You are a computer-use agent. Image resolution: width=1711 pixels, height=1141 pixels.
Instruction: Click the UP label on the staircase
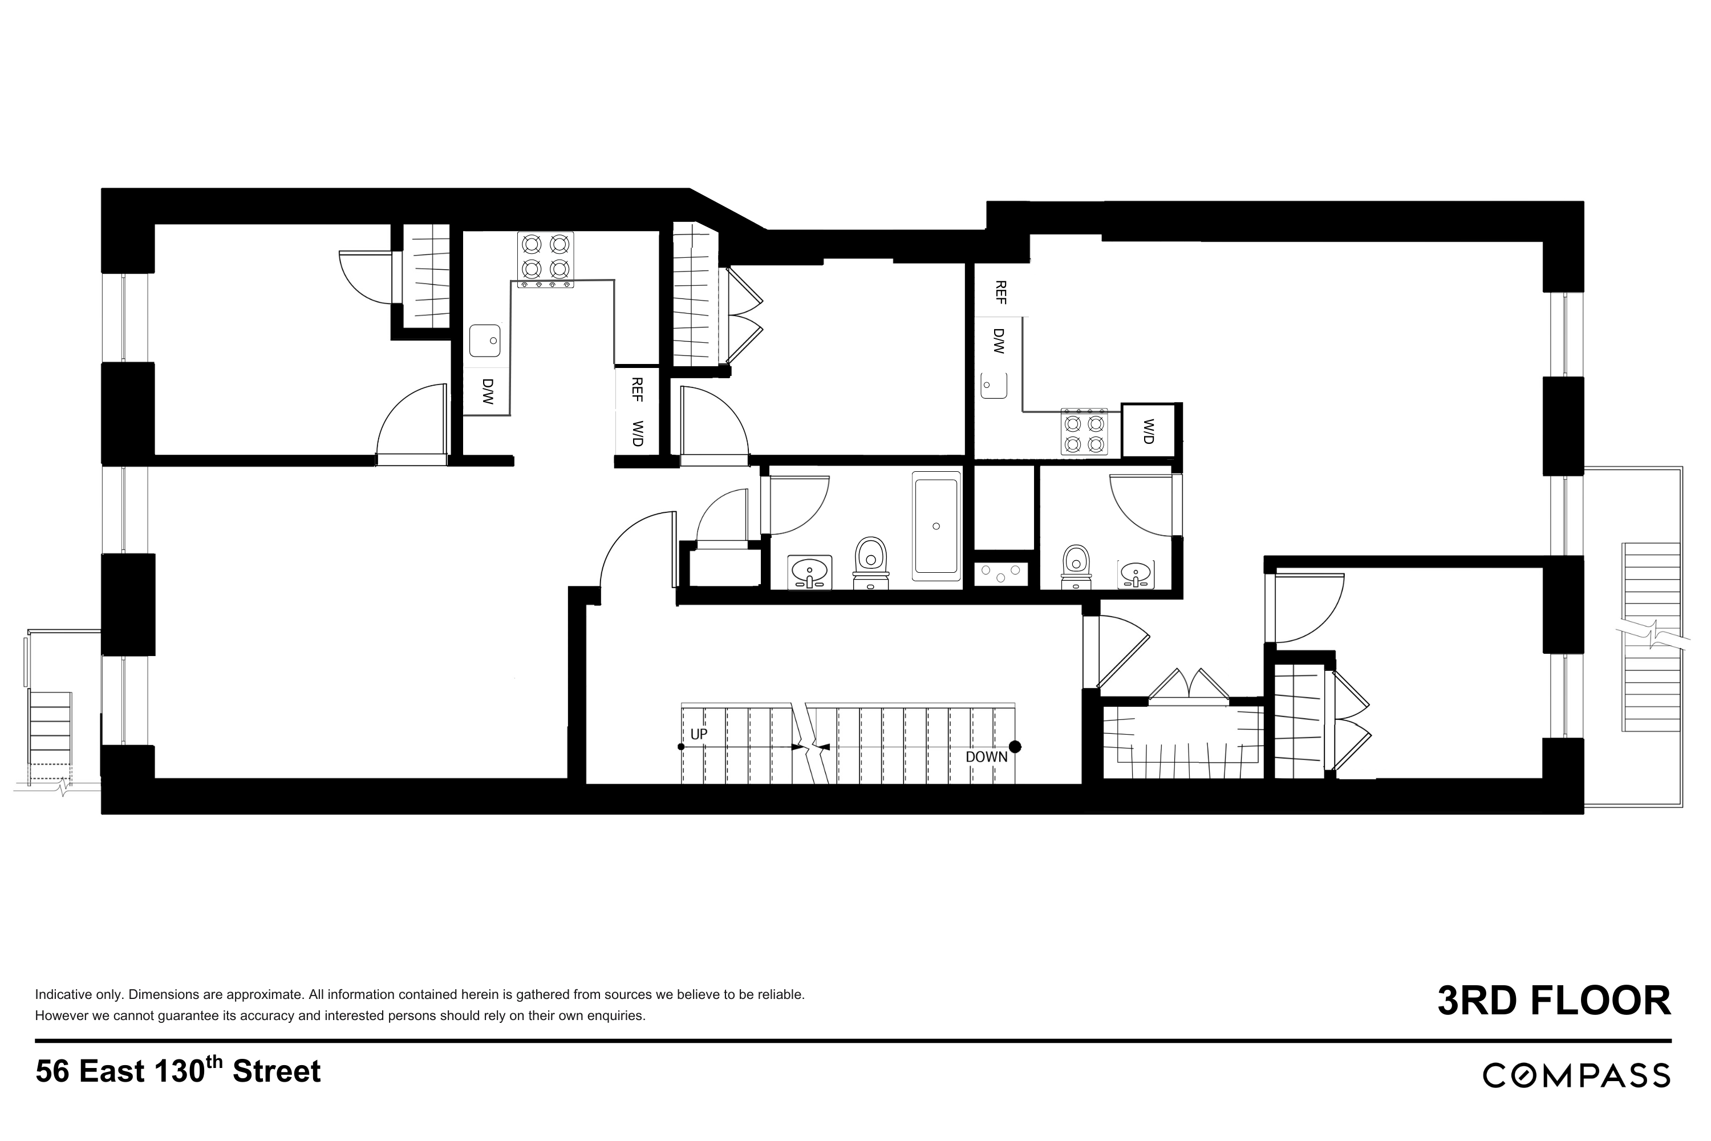tap(698, 734)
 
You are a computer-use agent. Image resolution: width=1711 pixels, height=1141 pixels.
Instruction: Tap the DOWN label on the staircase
tap(987, 757)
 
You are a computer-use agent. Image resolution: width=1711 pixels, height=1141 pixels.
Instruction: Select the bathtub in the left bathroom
tap(936, 526)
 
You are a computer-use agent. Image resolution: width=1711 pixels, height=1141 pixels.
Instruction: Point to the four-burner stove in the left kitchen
tap(546, 258)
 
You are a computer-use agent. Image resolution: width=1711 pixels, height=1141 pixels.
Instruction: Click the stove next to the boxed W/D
tap(1084, 432)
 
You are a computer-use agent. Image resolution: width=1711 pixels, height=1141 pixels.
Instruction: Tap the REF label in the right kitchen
tap(1000, 293)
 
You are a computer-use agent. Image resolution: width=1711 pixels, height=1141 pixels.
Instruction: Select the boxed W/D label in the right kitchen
tap(1149, 431)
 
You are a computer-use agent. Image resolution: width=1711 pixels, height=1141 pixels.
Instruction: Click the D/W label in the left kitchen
tap(488, 391)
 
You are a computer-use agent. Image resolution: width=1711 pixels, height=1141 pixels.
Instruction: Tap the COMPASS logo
tap(1576, 1075)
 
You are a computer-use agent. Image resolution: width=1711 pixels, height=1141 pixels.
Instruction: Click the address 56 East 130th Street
tap(178, 1071)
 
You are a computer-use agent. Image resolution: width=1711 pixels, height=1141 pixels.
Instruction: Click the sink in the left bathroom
tap(810, 572)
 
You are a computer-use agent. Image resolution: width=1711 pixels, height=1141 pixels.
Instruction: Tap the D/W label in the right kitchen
tap(998, 341)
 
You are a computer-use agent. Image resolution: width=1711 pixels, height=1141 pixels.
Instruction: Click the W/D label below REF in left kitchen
tap(637, 433)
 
